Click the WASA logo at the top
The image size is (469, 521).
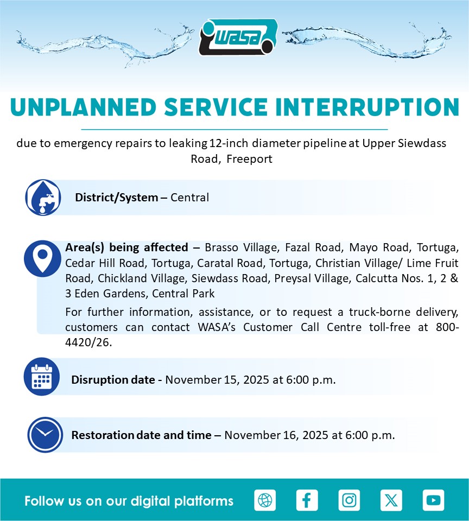point(238,37)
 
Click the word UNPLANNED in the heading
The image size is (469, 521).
point(83,107)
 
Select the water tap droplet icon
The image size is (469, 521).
point(43,198)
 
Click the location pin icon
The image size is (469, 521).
point(42,258)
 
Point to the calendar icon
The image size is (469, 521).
point(42,377)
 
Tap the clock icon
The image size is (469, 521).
point(45,435)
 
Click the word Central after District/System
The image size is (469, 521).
point(190,198)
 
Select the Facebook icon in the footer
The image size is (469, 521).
point(307,500)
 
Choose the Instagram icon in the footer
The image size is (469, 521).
point(349,500)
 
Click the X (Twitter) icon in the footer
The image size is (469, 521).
point(391,500)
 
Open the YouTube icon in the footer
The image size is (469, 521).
point(433,500)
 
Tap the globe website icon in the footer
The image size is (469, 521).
point(265,500)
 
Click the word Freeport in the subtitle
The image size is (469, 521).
point(249,159)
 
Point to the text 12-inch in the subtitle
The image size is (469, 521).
point(229,143)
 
